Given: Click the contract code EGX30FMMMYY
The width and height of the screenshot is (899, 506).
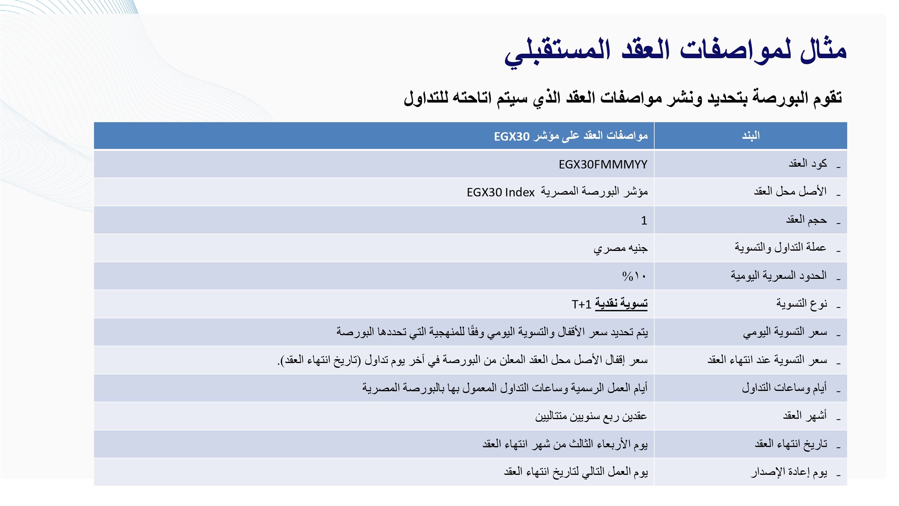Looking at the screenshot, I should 603,165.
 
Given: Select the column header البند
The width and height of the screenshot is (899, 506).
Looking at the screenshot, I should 751,136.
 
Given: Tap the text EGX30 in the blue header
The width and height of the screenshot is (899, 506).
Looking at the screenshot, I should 511,137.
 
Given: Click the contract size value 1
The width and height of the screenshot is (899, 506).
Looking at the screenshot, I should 644,220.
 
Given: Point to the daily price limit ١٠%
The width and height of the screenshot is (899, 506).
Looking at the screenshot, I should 634,276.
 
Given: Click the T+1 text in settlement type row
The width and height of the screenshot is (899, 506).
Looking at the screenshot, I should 581,305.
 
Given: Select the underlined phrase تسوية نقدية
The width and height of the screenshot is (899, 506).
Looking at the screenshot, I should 621,304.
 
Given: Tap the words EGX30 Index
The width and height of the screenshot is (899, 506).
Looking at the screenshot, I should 501,192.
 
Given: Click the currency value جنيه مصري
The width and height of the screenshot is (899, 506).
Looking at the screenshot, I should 620,248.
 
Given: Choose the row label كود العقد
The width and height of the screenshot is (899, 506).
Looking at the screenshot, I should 808,164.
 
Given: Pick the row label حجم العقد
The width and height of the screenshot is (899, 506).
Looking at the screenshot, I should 806,220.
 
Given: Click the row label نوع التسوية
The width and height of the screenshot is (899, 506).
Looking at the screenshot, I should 802,304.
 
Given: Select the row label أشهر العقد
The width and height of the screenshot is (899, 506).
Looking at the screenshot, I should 805,416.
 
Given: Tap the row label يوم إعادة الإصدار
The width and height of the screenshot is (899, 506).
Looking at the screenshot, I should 789,472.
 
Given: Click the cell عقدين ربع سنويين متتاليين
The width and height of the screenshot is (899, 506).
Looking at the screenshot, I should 591,416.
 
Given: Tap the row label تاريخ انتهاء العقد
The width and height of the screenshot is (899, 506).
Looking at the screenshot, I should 791,444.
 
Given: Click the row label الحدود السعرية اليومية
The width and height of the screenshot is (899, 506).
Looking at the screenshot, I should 779,276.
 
